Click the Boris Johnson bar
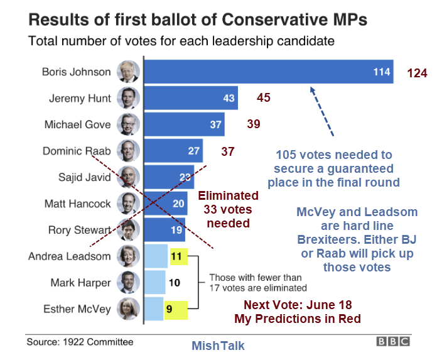point(269,72)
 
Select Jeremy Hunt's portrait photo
point(129,99)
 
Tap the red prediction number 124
point(417,73)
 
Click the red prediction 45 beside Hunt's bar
point(263,97)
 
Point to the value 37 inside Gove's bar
point(216,124)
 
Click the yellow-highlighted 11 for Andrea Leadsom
point(176,256)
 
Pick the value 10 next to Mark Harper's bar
point(175,283)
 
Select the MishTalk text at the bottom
point(218,346)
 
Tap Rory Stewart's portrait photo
point(129,230)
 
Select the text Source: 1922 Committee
point(80,342)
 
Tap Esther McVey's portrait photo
point(129,309)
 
